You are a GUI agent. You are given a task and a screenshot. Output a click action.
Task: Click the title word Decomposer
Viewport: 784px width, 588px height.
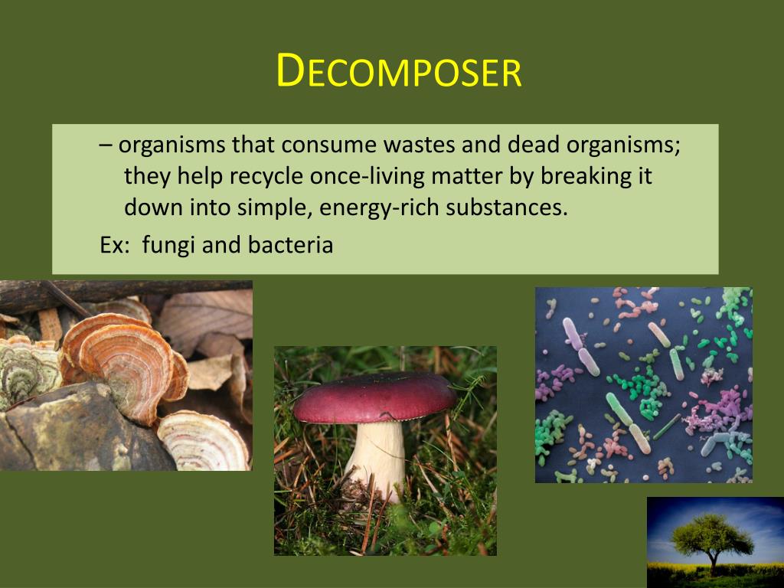click(398, 71)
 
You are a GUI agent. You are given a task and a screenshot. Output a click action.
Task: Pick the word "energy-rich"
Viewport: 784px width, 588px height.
click(364, 207)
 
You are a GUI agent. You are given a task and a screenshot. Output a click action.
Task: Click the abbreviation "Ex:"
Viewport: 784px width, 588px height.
click(114, 245)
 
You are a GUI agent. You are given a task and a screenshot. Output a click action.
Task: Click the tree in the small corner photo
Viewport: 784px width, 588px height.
click(711, 536)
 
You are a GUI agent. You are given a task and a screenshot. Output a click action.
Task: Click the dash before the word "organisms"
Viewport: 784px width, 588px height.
click(105, 145)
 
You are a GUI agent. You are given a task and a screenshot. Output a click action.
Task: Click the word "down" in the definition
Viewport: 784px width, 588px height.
click(149, 207)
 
